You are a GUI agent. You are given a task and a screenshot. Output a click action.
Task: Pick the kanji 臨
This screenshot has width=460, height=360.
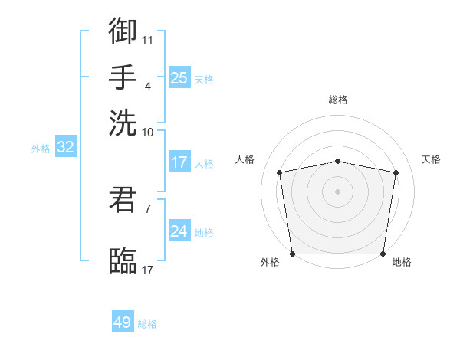pyautogui.click(x=123, y=260)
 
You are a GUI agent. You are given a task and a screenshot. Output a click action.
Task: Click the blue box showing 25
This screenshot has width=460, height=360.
pyautogui.click(x=179, y=77)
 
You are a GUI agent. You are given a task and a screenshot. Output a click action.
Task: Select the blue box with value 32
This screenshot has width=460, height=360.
pyautogui.click(x=65, y=148)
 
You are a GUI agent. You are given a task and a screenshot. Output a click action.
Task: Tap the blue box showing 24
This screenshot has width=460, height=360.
pyautogui.click(x=179, y=231)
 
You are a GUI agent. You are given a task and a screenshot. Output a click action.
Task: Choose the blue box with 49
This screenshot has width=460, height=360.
pyautogui.click(x=123, y=322)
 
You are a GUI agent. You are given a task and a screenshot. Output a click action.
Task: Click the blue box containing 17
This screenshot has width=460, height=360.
pyautogui.click(x=179, y=162)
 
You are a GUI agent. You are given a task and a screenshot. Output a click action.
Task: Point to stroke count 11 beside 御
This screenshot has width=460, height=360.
pyautogui.click(x=147, y=39)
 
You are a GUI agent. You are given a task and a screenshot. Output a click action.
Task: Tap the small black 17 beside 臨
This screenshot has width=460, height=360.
pyautogui.click(x=147, y=270)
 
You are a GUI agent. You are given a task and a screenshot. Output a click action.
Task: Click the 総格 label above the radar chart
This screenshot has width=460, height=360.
pyautogui.click(x=338, y=100)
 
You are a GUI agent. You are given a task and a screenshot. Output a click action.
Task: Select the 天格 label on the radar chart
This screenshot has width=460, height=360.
pyautogui.click(x=432, y=159)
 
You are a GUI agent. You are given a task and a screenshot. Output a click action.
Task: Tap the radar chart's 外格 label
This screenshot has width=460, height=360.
pyautogui.click(x=270, y=263)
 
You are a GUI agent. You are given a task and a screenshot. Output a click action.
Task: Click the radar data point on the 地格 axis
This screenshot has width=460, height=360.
pyautogui.click(x=383, y=254)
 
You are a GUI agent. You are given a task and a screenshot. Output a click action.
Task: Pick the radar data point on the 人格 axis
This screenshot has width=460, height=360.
pyautogui.click(x=280, y=172)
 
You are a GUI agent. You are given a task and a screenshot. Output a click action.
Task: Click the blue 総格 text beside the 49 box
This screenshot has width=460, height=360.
pyautogui.click(x=147, y=324)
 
